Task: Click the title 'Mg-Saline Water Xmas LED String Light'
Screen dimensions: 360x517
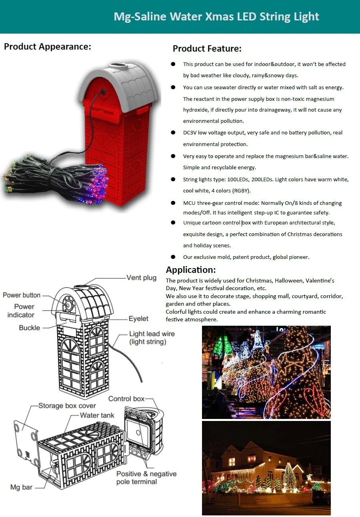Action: [x=216, y=17]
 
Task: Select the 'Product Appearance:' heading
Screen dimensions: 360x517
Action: [x=48, y=46]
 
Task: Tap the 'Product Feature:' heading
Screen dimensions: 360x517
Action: [x=207, y=49]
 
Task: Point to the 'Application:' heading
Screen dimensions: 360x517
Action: [x=191, y=269]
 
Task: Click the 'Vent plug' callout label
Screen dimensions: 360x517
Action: [x=141, y=277]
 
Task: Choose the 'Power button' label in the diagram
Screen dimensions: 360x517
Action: [x=22, y=295]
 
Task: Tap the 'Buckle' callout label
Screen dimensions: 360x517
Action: [x=30, y=328]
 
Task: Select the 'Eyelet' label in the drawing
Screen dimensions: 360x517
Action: [x=138, y=319]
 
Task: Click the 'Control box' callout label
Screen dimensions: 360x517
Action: [x=126, y=399]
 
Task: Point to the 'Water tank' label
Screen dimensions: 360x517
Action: [x=97, y=415]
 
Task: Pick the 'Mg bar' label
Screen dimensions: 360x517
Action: [x=21, y=487]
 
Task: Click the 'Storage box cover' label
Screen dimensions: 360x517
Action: [x=67, y=406]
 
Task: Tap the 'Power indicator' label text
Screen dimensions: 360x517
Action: [x=24, y=311]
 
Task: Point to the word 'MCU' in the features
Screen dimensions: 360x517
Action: [x=189, y=203]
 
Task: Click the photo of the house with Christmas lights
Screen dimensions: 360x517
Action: [x=266, y=467]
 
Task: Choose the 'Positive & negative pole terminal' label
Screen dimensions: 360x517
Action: [x=146, y=478]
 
